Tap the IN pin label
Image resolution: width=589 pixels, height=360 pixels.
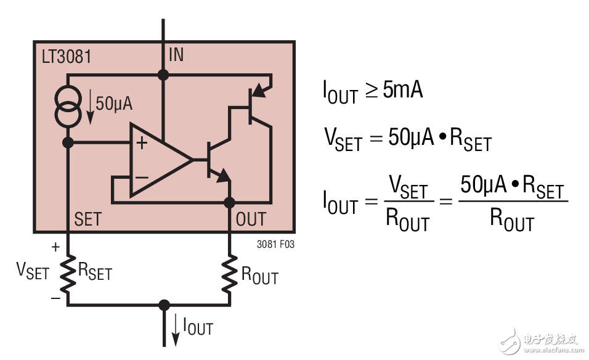176,55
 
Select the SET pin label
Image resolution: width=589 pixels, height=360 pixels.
87,219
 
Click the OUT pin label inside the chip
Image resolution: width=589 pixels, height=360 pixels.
251,219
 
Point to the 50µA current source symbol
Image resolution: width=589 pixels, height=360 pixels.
68,105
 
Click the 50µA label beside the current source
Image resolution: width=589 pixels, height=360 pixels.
114,104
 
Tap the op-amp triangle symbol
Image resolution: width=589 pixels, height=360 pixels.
157,160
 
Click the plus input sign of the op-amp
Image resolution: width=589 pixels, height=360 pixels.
142,144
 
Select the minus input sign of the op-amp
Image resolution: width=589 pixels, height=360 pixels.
142,178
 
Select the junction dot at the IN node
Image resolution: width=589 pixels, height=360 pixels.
163,75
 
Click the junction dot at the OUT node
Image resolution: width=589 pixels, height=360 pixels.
230,202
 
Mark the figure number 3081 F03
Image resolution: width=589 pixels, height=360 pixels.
275,245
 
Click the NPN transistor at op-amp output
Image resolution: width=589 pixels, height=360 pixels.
216,160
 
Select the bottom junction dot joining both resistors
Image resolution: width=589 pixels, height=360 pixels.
163,305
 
